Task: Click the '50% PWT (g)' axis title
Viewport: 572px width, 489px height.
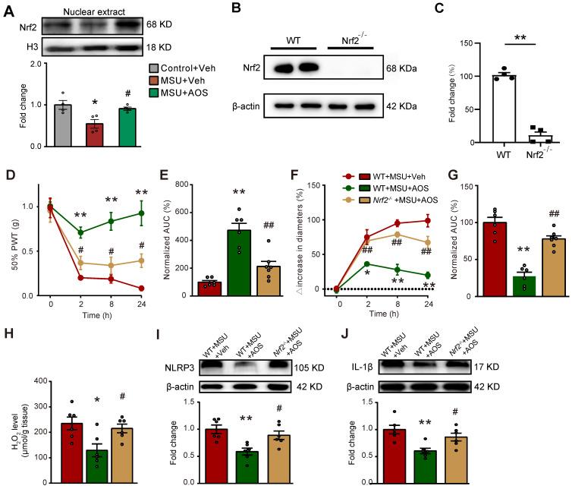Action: point(11,241)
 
